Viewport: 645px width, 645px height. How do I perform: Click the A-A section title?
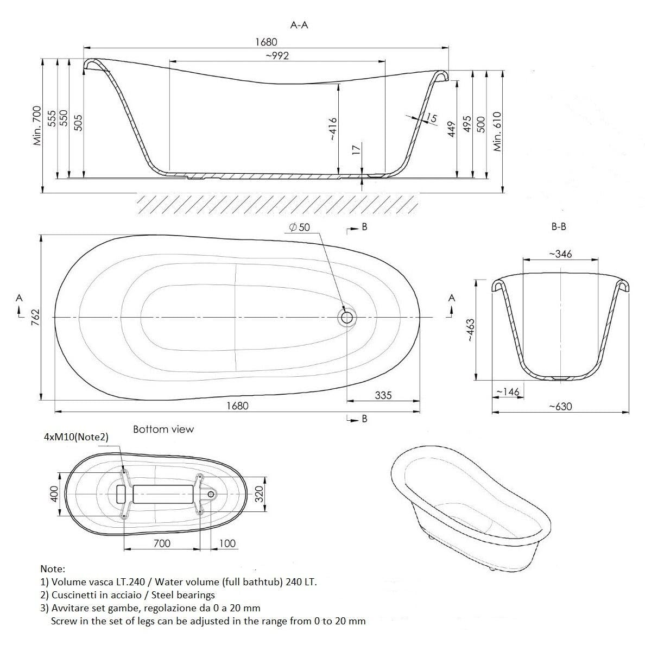[299, 25]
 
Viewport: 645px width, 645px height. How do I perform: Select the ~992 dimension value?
[277, 55]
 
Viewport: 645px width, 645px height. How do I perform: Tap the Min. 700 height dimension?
[37, 125]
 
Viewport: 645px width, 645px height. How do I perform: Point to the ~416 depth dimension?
[333, 129]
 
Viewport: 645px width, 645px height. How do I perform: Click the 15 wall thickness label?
[431, 118]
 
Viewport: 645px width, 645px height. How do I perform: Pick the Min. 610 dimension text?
[497, 131]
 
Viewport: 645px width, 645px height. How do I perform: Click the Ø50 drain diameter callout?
[300, 227]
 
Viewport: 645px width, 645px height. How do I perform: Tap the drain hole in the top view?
[346, 317]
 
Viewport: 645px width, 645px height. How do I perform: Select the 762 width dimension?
[35, 317]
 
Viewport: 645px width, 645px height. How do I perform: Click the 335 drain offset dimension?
[383, 395]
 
